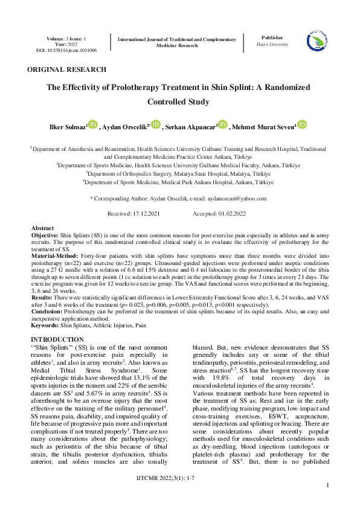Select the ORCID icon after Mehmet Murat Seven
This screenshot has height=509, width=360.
pos(302,124)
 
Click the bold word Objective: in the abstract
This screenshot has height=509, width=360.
pos(45,234)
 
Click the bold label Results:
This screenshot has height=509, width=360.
pos(42,298)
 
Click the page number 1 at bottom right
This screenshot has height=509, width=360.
pos(327,485)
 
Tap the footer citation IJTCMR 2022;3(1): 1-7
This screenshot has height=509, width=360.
pos(179,477)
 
